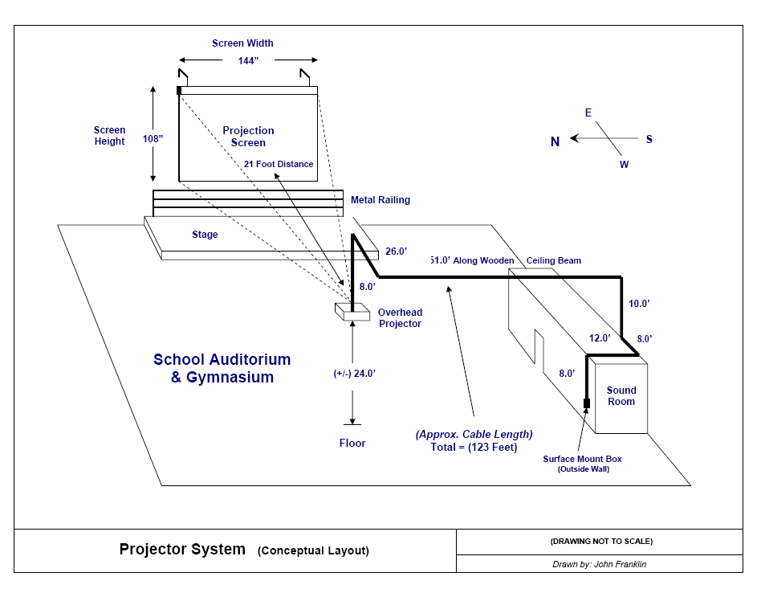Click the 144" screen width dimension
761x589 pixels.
click(248, 60)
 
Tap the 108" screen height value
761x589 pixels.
click(153, 138)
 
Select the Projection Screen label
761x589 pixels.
click(248, 137)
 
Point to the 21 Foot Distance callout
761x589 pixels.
click(279, 164)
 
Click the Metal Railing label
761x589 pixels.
click(380, 200)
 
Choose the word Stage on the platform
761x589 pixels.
click(205, 235)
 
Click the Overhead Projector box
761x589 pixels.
click(352, 312)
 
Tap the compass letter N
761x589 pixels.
click(555, 141)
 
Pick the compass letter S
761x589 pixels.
click(649, 139)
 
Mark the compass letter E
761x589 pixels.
click(588, 113)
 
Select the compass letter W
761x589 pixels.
click(624, 165)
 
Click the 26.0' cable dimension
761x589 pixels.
click(397, 252)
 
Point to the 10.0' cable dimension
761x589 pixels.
click(639, 304)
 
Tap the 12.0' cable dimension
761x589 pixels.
click(600, 338)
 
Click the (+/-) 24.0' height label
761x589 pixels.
click(355, 374)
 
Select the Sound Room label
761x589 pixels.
click(621, 396)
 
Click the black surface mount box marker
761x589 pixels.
click(587, 403)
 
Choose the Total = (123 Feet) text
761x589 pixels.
click(474, 447)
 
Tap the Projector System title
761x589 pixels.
click(182, 550)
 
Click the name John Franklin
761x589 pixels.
click(620, 564)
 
